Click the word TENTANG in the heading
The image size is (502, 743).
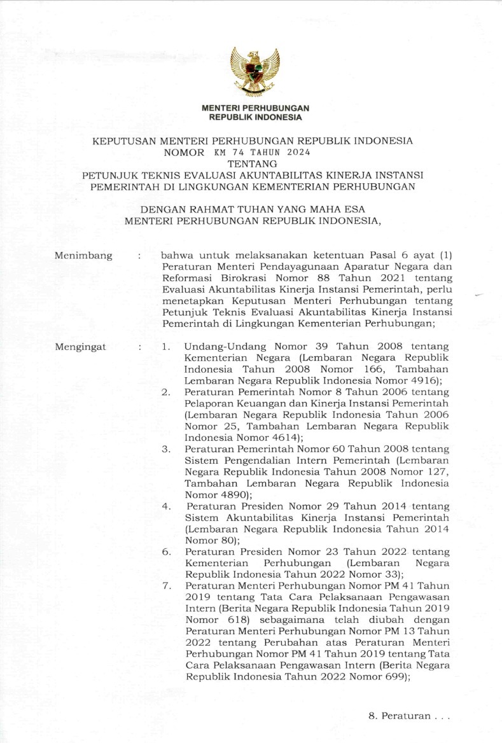252,163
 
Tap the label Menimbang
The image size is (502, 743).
83,256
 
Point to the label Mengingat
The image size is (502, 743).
81,347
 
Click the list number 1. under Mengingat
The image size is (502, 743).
166,347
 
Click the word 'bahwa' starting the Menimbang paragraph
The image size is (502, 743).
176,255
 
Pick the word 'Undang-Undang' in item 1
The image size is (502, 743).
216,347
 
